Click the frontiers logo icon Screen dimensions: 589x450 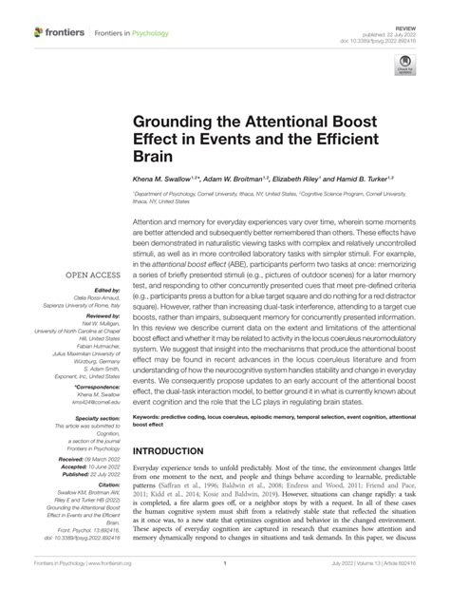[x=38, y=32]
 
